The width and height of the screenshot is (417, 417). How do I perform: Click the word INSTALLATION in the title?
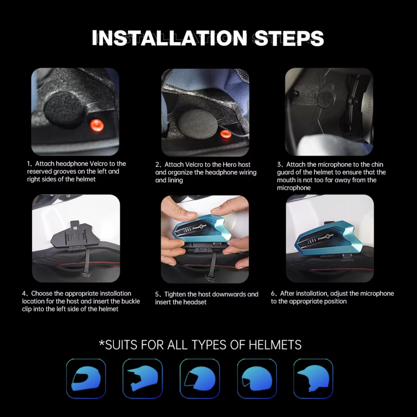click(x=169, y=38)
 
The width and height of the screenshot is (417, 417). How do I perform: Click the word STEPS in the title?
click(x=289, y=38)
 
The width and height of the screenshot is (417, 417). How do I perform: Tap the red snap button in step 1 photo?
click(x=97, y=126)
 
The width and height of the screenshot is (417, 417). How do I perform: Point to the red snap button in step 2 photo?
click(x=225, y=134)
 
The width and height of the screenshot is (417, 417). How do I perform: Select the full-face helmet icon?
click(x=86, y=378)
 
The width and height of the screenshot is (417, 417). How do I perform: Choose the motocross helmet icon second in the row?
click(x=143, y=378)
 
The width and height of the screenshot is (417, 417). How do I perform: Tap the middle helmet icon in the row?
click(x=199, y=378)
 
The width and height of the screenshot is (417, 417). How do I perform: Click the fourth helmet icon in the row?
click(x=257, y=378)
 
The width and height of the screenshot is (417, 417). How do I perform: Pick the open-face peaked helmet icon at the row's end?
click(x=313, y=378)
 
